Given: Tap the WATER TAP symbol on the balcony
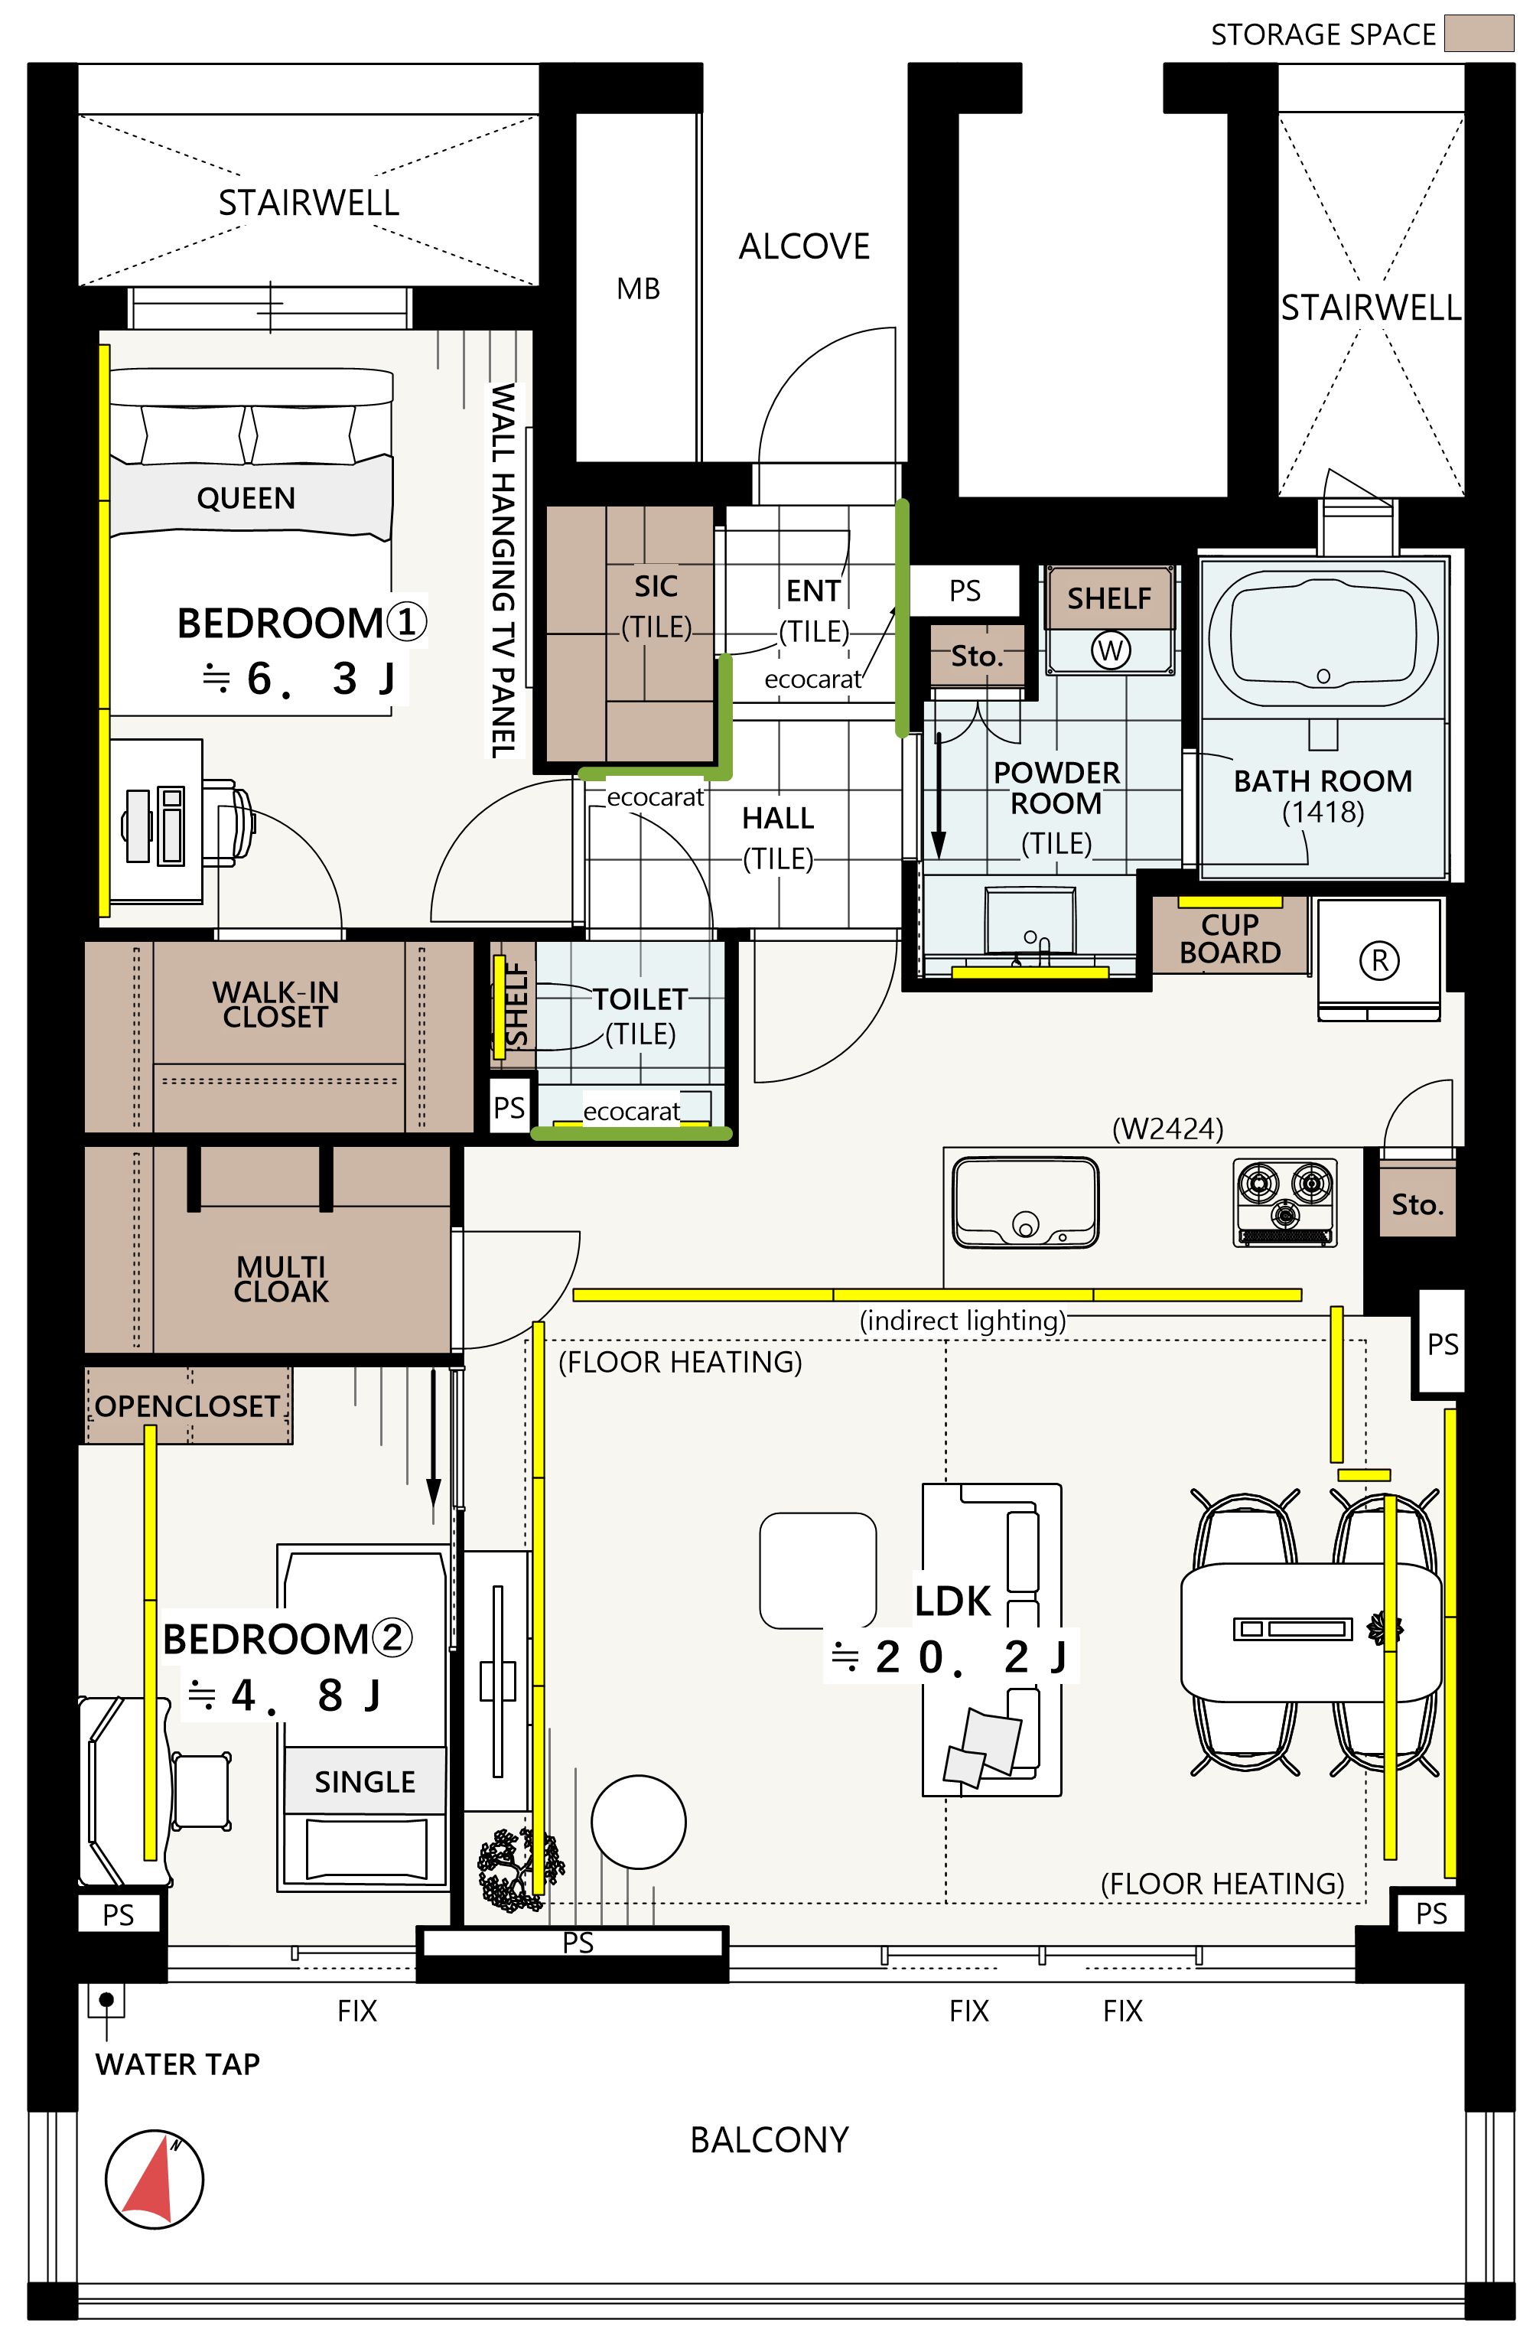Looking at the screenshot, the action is pyautogui.click(x=106, y=2001).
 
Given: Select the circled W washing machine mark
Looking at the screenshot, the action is pyautogui.click(x=1111, y=650).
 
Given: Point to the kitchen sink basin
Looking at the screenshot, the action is pyautogui.click(x=1025, y=1202).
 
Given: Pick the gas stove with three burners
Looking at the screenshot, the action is pyautogui.click(x=1284, y=1202).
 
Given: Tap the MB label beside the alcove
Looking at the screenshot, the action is pyautogui.click(x=638, y=289).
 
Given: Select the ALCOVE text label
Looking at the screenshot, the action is pyautogui.click(x=804, y=246).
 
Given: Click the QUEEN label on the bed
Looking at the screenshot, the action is pyautogui.click(x=246, y=498).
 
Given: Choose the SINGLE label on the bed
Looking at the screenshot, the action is pyautogui.click(x=365, y=1782).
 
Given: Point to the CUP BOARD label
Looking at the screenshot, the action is pyautogui.click(x=1229, y=939).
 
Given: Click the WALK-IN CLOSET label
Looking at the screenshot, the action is pyautogui.click(x=275, y=1005).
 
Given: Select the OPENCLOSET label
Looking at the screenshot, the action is pyautogui.click(x=187, y=1406).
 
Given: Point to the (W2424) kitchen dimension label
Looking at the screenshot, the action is pyautogui.click(x=1167, y=1129).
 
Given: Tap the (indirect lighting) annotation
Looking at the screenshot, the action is pyautogui.click(x=962, y=1320).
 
